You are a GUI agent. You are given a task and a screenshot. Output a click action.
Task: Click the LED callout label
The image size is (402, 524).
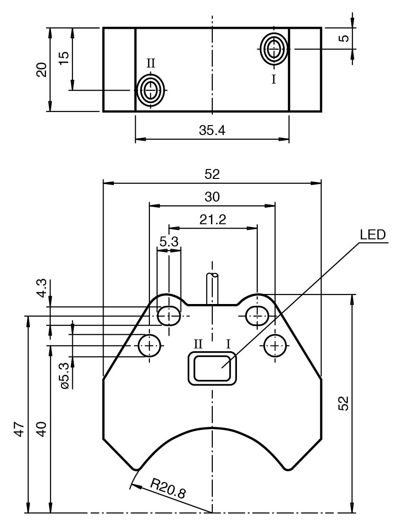pyautogui.click(x=373, y=235)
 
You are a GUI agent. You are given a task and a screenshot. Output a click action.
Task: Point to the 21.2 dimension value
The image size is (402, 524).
pyautogui.click(x=212, y=220)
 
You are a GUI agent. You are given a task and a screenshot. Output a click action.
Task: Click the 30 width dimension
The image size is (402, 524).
pyautogui.click(x=212, y=197)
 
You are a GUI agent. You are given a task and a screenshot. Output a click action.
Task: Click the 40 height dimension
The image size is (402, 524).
pyautogui.click(x=42, y=430)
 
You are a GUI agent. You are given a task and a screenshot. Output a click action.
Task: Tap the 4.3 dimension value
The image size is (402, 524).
pyautogui.click(x=42, y=288)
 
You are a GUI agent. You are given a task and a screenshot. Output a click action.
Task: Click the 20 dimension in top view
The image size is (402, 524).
pyautogui.click(x=42, y=69)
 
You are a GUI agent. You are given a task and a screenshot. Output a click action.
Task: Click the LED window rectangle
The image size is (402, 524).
pyautogui.click(x=212, y=369)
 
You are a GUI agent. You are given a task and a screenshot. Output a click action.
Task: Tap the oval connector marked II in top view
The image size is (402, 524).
pyautogui.click(x=150, y=90)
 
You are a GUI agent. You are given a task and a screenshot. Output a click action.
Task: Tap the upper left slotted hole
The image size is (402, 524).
pyautogui.click(x=169, y=315)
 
